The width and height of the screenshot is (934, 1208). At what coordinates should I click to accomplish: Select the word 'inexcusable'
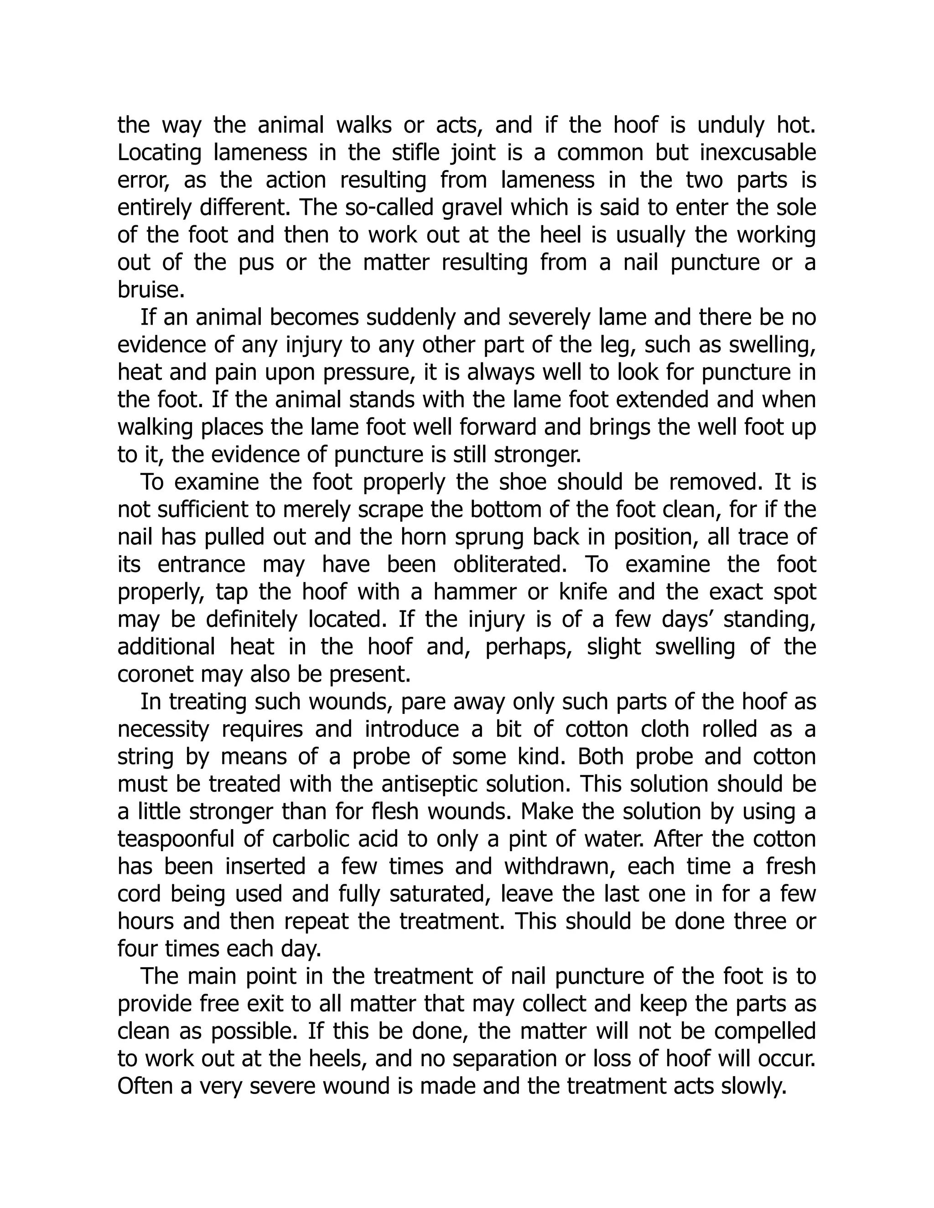[x=758, y=152]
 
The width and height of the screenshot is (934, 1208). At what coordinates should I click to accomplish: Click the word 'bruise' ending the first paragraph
[x=148, y=289]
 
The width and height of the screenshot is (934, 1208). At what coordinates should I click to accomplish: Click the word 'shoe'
[x=522, y=482]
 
